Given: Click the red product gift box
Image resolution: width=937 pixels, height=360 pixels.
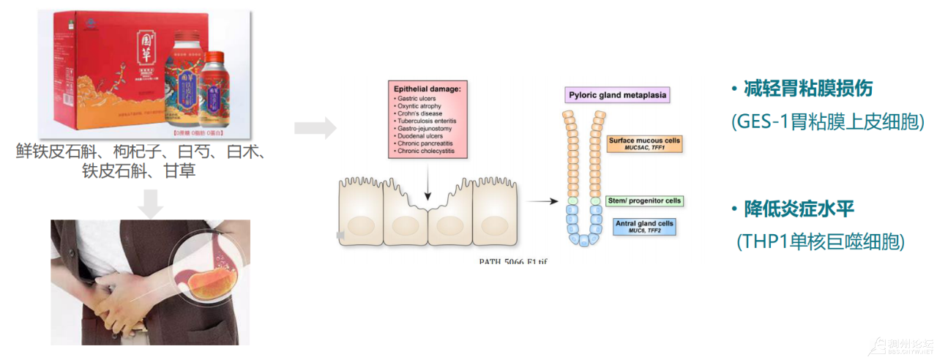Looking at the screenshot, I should click(x=110, y=70).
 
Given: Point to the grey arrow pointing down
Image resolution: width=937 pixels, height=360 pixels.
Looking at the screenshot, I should click(x=151, y=203).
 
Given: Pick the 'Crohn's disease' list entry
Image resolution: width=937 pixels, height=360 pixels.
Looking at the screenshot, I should click(x=419, y=113).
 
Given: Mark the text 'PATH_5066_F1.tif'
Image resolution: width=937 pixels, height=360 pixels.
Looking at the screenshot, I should click(x=512, y=260).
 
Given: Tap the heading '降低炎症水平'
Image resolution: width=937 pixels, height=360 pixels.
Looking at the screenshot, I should click(x=801, y=209).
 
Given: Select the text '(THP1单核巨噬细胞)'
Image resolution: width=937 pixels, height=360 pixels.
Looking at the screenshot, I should click(x=821, y=241).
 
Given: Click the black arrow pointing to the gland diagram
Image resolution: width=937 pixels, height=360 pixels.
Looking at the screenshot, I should click(x=542, y=200).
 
